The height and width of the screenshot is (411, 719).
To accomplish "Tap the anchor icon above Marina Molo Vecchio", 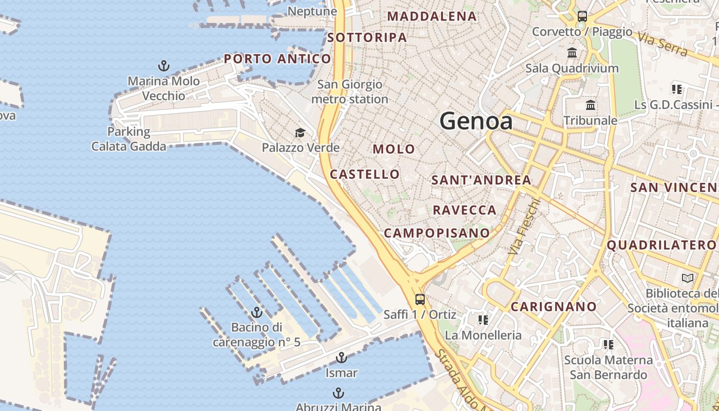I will point(163,66).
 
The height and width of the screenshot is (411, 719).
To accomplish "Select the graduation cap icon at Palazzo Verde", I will point(300,133).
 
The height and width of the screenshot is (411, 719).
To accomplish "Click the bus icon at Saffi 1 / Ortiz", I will point(420,299).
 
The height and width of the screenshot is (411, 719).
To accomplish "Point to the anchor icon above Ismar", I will point(342,358).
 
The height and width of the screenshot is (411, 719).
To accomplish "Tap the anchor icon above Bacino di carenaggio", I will point(256,312).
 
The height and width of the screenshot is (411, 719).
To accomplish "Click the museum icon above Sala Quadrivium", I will point(572,52).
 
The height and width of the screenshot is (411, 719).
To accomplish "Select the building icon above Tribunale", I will point(591,105).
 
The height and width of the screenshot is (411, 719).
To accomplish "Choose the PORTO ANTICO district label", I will point(277,59).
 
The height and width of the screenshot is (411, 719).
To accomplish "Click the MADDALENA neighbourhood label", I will point(432,16).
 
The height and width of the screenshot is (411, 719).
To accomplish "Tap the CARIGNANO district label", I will point(554,307).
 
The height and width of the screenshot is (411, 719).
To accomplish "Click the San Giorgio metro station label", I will point(350,91).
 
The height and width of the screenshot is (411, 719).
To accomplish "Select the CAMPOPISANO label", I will point(437,233).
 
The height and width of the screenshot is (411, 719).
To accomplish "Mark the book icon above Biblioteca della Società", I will point(687,278).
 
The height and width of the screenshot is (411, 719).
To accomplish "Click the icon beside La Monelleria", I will point(483,320).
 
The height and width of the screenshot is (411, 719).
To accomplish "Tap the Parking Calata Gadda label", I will point(129,139).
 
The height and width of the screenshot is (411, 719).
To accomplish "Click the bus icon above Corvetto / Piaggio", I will point(582,16).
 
